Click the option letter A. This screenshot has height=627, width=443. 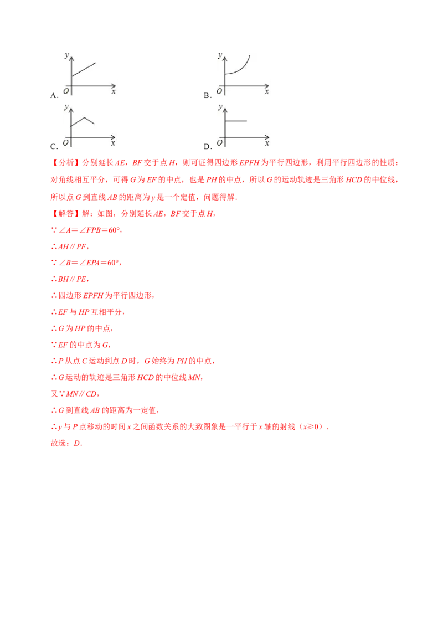coord(54,96)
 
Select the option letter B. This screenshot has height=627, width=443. coord(207,96)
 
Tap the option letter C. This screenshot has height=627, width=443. coord(54,146)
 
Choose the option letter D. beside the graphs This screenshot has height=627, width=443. coord(207,146)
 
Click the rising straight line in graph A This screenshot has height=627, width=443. coord(84,69)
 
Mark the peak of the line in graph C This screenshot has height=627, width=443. coord(83,117)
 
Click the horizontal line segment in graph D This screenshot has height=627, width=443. coord(236,121)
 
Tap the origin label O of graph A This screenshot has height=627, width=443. coord(66,91)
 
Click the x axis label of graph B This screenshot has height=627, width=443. coord(267,92)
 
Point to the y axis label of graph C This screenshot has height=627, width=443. coord(66,107)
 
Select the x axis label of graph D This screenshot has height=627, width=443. coord(267,143)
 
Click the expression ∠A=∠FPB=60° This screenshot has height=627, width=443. coord(90,230)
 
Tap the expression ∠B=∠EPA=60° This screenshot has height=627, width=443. coord(90,263)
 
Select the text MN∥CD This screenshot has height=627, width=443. coord(81,394)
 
